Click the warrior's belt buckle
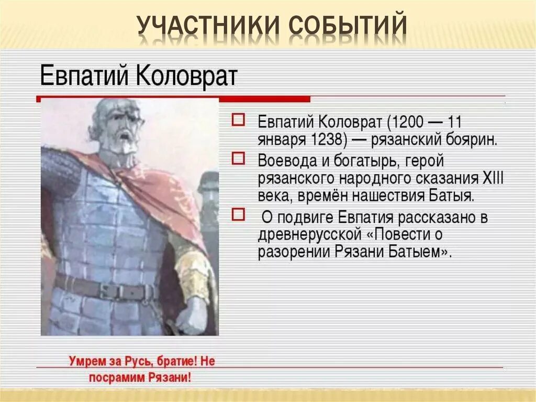point(112,292)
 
